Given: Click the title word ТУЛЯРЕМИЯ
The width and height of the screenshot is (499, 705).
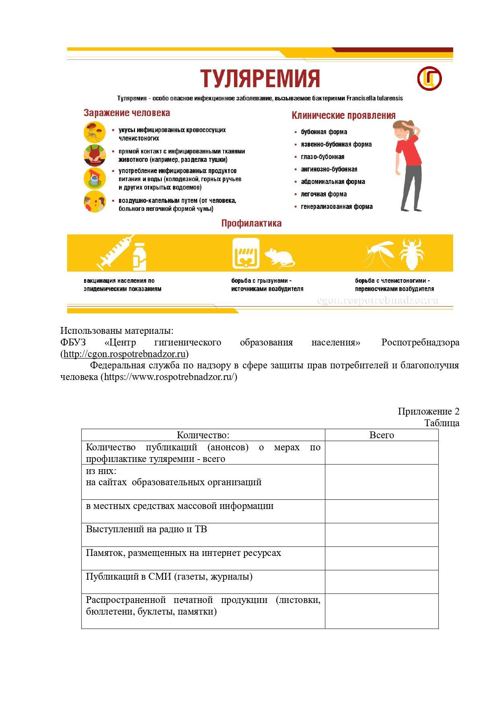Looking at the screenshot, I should coord(260,78).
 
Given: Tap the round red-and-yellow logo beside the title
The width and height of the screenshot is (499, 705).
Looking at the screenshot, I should coord(429,78).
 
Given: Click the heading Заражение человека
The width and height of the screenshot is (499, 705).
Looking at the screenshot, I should coord(127,113).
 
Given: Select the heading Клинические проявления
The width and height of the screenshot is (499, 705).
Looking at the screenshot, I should coord(343,116).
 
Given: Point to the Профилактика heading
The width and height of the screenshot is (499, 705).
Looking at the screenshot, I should coord(251,223).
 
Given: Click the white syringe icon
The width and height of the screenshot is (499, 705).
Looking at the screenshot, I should coord(114,253).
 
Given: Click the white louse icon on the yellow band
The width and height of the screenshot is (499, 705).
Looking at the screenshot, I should coord(413,253).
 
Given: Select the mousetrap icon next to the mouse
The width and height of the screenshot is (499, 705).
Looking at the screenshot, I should coord(246,253).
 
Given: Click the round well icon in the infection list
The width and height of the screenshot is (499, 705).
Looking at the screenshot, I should coord(94,178).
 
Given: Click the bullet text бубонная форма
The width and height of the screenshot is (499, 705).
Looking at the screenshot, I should coord(324,132).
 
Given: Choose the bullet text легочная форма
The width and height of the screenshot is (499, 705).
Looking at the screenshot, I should coord(324,194).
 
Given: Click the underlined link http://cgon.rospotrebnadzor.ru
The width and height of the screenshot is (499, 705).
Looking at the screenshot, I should coord(124,354).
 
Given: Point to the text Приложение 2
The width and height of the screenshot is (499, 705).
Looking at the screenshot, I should coord(428,411).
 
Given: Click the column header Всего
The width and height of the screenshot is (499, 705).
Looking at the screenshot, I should coord(381,435).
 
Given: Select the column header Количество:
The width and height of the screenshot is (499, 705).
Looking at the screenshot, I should coord(203,435).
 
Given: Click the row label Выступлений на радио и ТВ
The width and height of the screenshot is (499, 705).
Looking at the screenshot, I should coord(146,529).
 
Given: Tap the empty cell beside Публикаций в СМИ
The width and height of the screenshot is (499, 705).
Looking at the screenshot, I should coord(381,582).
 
